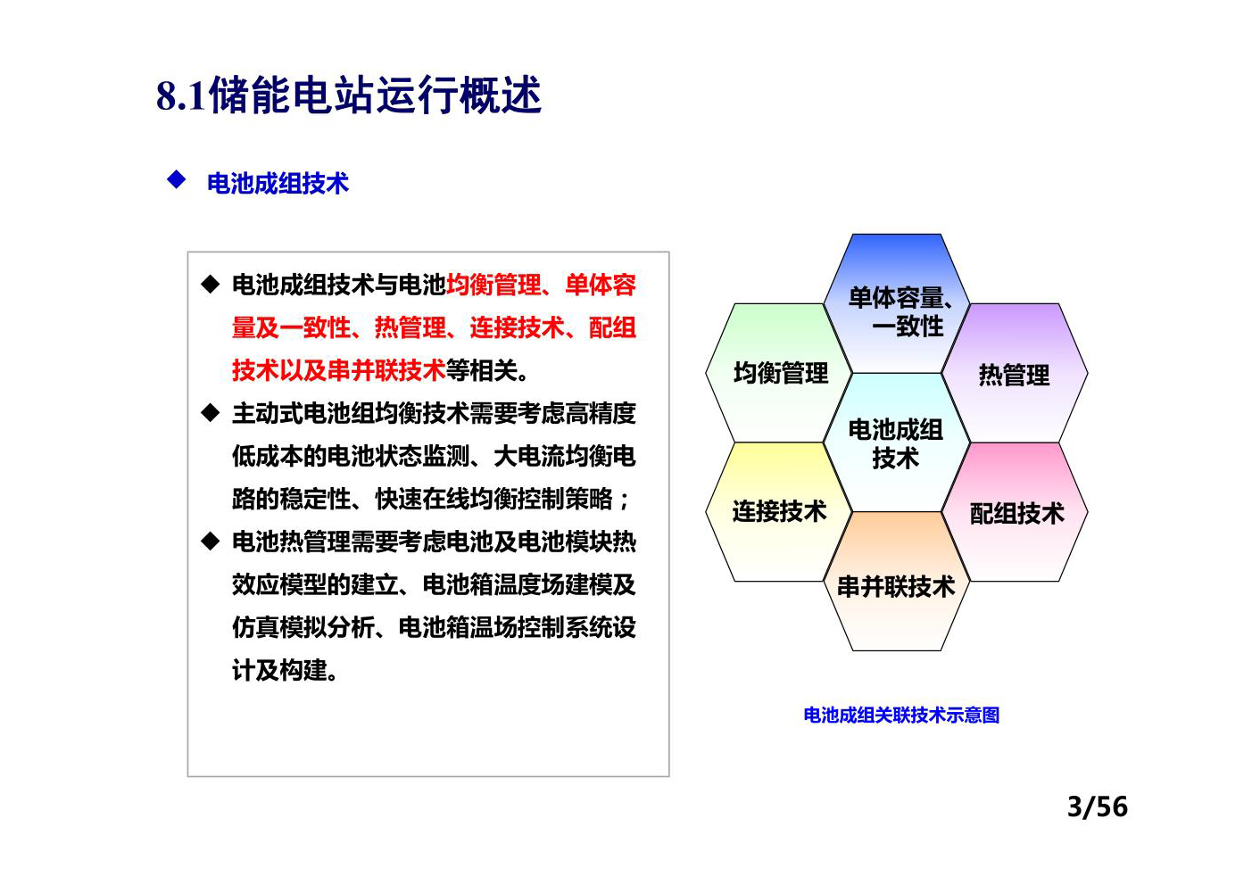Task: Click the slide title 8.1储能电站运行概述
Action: point(349,95)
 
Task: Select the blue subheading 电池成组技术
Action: point(278,183)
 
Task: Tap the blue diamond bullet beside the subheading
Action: point(177,179)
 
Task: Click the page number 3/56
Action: point(1098,806)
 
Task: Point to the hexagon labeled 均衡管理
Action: point(778,373)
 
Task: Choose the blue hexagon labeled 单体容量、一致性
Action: point(897,303)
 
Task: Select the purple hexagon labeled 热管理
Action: point(1015,373)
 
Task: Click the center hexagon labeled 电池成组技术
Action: point(897,442)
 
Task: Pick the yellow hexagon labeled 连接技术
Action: point(778,512)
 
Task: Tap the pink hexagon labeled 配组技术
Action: point(1015,512)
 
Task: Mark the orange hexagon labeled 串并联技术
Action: point(897,581)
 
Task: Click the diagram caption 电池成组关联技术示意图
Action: point(901,715)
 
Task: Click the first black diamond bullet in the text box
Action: point(211,285)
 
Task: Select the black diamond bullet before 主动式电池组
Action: point(211,413)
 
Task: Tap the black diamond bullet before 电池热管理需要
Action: point(211,541)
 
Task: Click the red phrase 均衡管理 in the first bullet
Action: point(493,285)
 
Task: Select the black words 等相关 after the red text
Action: point(481,370)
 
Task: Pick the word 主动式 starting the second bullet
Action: point(267,413)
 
